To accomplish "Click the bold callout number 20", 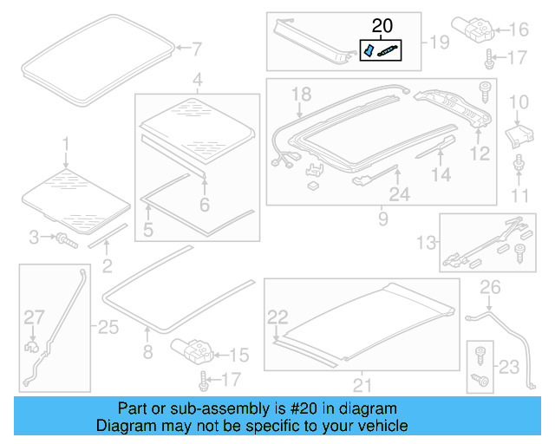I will click(382, 26).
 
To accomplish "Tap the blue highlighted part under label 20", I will click(368, 52).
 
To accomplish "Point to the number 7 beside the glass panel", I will click(195, 48).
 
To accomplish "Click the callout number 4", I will click(198, 82).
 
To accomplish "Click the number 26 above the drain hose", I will click(491, 286).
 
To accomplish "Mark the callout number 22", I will click(277, 317).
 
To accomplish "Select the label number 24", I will click(399, 196).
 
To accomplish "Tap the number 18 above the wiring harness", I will click(300, 94).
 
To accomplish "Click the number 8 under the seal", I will click(147, 352).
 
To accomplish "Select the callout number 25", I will click(108, 327).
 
